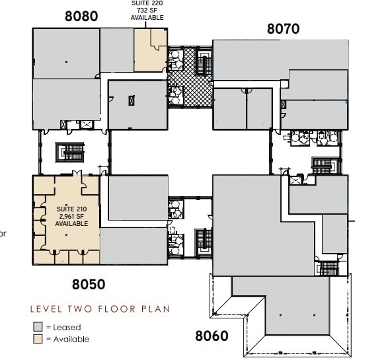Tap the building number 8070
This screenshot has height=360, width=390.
(x=283, y=28)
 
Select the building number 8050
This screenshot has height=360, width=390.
(x=89, y=285)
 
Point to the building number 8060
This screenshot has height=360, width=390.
(x=212, y=336)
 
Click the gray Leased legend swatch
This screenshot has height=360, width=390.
(x=38, y=327)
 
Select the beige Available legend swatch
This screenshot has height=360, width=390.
(x=38, y=340)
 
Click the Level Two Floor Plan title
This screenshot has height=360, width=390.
(x=99, y=308)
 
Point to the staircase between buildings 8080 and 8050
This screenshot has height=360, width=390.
(x=70, y=153)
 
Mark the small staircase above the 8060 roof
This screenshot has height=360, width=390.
(x=329, y=268)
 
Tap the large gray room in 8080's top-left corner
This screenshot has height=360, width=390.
(x=66, y=53)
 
